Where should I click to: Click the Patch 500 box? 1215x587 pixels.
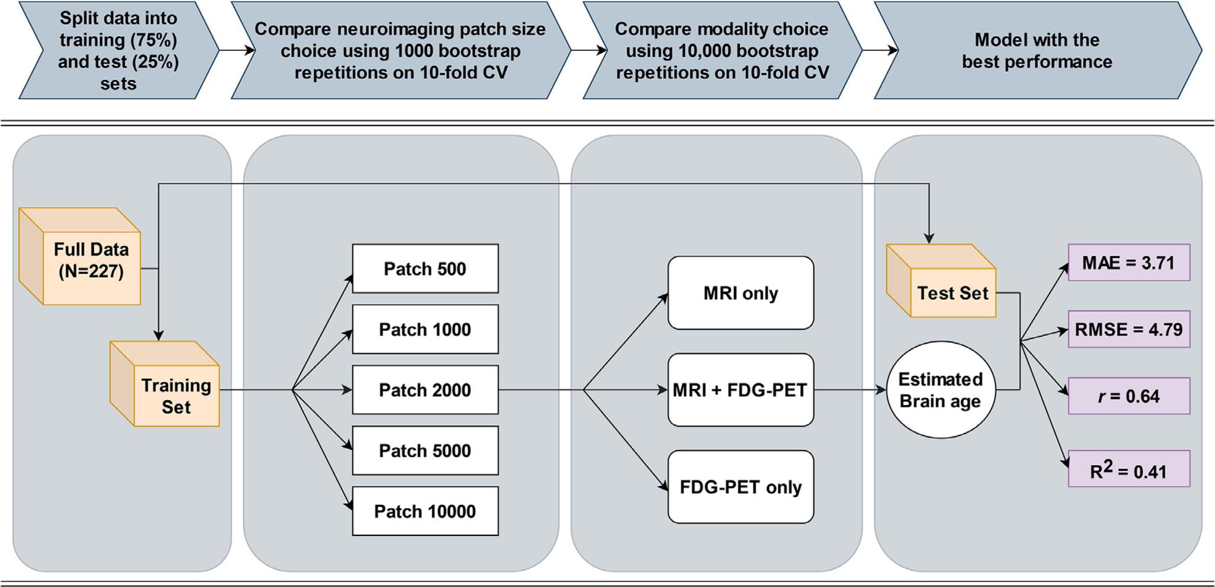click(x=425, y=269)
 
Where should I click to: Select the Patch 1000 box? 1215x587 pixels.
click(x=425, y=329)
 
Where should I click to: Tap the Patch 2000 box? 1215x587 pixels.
click(x=425, y=390)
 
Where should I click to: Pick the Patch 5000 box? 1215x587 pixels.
click(x=425, y=450)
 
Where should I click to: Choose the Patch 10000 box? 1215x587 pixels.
click(x=425, y=511)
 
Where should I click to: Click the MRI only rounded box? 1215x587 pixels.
click(x=740, y=293)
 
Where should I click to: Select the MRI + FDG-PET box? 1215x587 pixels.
click(x=740, y=390)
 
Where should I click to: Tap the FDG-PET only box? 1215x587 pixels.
click(x=740, y=487)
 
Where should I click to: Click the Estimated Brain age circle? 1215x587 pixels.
click(x=940, y=390)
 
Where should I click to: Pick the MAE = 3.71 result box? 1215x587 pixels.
click(x=1128, y=263)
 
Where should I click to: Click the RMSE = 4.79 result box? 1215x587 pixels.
click(x=1128, y=329)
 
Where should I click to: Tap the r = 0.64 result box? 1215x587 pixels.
click(x=1128, y=396)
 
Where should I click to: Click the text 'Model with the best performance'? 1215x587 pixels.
click(x=1036, y=50)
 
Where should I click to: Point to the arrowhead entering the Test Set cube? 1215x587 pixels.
click(x=928, y=238)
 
